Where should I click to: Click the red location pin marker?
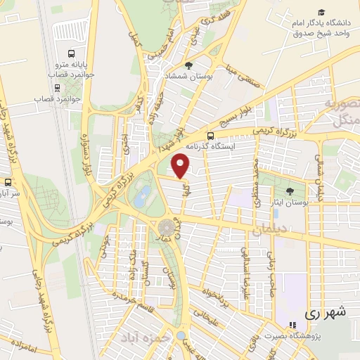click(x=181, y=165)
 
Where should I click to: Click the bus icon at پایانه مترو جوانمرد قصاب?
click(x=71, y=54)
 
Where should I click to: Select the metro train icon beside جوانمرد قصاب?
click(x=28, y=98)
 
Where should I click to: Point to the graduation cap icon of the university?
click(x=321, y=13)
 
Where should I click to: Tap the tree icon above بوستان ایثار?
click(x=290, y=192)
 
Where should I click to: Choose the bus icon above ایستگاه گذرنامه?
click(x=210, y=136)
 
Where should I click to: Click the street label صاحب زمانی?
click(x=269, y=271)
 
